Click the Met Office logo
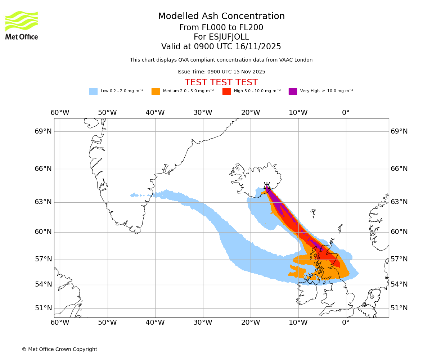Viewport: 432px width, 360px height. tap(22, 25)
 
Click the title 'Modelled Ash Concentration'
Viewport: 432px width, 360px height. tap(221, 17)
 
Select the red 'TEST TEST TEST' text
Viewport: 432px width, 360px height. tap(221, 82)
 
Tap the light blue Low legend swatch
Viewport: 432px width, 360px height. tap(93, 91)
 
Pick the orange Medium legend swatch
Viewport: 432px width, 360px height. tap(156, 91)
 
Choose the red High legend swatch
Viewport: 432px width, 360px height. tap(226, 91)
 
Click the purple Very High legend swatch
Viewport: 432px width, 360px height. tap(293, 91)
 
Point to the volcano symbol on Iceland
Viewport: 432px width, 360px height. tap(267, 186)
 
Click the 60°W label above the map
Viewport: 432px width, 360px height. tap(60, 113)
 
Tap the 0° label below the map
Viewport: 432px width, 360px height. tap(346, 322)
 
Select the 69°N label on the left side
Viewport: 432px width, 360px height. tap(43, 131)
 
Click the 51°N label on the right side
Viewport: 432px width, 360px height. tap(399, 308)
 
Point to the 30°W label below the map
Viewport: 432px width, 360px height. tap(203, 322)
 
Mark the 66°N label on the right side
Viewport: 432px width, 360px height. tap(399, 169)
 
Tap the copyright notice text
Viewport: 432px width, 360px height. tap(59, 349)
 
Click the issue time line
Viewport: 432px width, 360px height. tap(221, 72)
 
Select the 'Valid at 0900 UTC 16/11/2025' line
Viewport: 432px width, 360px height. tap(221, 47)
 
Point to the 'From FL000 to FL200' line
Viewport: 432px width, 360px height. tap(221, 28)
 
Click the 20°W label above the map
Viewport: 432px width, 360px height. tap(251, 113)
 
